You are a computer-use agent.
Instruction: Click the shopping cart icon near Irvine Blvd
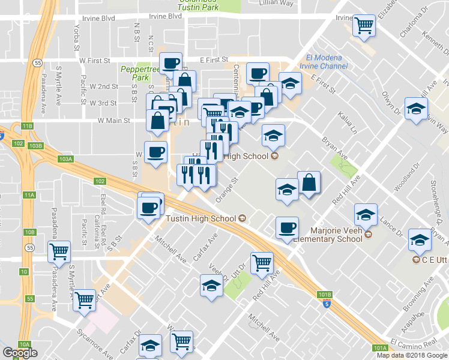pyautogui.click(x=364, y=26)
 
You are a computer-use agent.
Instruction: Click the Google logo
pyautogui.click(x=19, y=353)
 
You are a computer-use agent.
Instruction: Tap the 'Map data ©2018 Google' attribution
pyautogui.click(x=411, y=355)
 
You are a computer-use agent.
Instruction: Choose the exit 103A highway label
pyautogui.click(x=65, y=159)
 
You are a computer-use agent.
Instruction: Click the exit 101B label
pyautogui.click(x=325, y=295)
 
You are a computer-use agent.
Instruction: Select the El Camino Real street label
pyautogui.click(x=414, y=343)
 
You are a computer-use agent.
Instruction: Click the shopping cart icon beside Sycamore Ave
pyautogui.click(x=85, y=299)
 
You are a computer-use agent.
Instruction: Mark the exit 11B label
pyautogui.click(x=28, y=126)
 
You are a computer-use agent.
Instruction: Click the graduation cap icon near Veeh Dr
pyautogui.click(x=211, y=286)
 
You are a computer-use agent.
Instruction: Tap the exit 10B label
pyautogui.click(x=30, y=232)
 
